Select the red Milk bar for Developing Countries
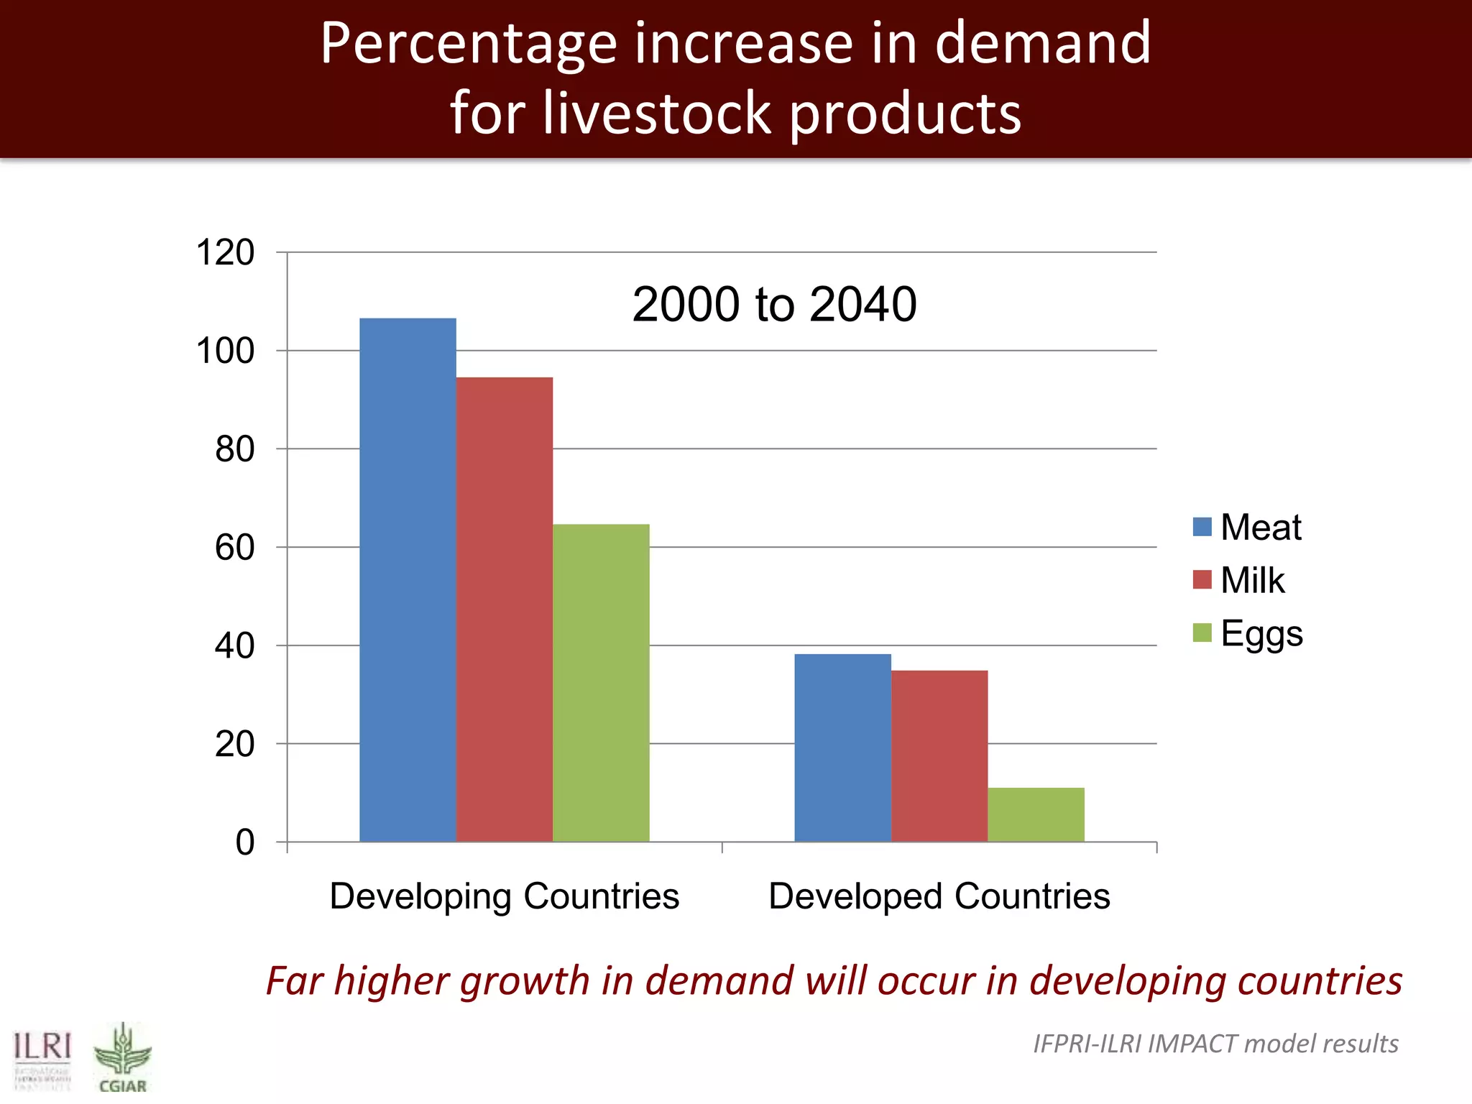[505, 609]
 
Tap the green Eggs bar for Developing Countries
[601, 683]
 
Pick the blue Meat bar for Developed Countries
[842, 747]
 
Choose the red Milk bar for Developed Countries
[939, 755]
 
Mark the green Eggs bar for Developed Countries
[1036, 814]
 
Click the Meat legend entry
[1248, 527]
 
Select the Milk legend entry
[1239, 580]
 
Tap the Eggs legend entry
[1248, 633]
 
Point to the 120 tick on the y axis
[225, 253]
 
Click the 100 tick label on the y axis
[225, 351]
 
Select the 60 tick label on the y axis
[234, 548]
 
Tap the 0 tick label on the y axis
[245, 842]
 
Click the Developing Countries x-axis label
[505, 896]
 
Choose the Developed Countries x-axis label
[939, 896]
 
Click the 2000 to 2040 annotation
[774, 304]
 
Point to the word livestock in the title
[657, 113]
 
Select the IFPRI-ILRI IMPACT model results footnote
[1215, 1043]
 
